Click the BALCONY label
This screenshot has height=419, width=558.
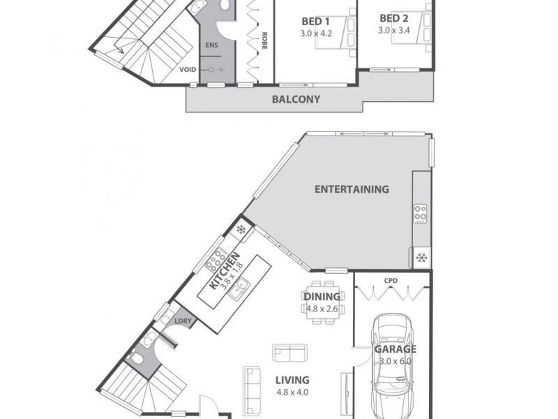pyautogui.click(x=297, y=99)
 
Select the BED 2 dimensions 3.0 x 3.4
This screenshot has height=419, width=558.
pyautogui.click(x=395, y=31)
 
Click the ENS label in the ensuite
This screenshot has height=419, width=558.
pyautogui.click(x=210, y=45)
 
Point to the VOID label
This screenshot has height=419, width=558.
pyautogui.click(x=188, y=70)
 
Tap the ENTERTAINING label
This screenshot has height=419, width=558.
pyautogui.click(x=352, y=189)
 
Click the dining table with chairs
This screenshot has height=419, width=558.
pyautogui.click(x=322, y=302)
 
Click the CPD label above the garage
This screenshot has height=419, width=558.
pyautogui.click(x=391, y=281)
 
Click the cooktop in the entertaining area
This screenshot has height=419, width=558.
pyautogui.click(x=421, y=212)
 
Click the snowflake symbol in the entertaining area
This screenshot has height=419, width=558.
pyautogui.click(x=421, y=257)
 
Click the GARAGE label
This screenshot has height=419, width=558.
pyautogui.click(x=395, y=349)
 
